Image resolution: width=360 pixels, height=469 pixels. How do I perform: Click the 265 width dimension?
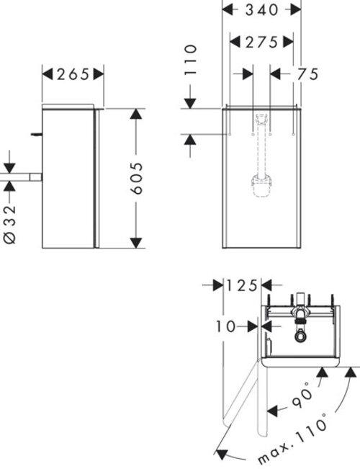click(73, 73)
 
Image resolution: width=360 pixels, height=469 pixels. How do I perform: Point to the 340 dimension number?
click(261, 11)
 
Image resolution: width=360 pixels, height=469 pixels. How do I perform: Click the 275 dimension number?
click(261, 43)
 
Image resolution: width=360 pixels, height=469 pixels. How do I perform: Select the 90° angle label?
click(303, 396)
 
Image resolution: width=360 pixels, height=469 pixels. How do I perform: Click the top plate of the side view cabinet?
click(70, 107)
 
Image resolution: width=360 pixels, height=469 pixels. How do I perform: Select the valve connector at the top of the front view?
click(262, 119)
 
